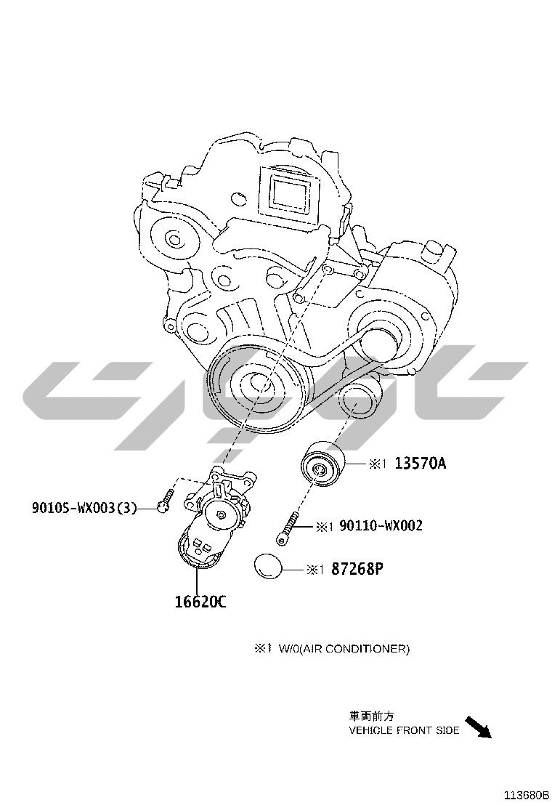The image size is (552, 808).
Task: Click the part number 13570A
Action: point(421,464)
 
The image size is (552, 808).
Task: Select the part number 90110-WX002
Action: point(381,525)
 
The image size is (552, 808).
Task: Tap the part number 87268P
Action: point(357,569)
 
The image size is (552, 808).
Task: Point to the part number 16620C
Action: point(200,602)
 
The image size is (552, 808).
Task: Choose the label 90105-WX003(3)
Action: point(84,509)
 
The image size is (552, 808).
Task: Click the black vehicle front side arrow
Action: point(479,727)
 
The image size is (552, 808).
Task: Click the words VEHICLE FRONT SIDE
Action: point(404,730)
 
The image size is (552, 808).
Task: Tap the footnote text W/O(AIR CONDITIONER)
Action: point(344,649)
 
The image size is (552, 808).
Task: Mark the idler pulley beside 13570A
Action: point(322,463)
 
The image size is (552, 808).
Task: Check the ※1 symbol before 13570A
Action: point(378,464)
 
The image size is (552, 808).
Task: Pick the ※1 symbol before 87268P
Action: point(314,570)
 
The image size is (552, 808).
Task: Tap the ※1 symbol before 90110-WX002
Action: point(325,526)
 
